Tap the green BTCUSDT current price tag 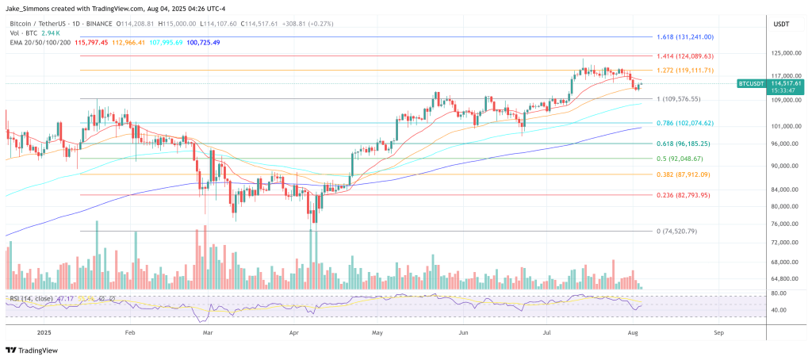click(769, 82)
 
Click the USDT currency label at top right click(779, 25)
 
